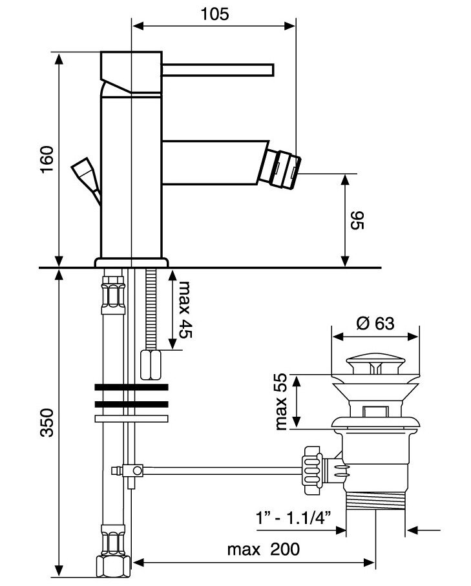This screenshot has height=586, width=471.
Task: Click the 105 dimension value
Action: [x=215, y=14]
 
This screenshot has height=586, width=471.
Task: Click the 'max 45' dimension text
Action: [x=185, y=310]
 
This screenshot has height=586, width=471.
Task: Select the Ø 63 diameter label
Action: [x=375, y=323]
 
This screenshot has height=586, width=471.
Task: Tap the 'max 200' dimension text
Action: [x=264, y=550]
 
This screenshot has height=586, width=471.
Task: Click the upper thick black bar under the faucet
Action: [x=131, y=388]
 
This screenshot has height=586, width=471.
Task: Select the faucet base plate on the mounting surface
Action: [x=131, y=262]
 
